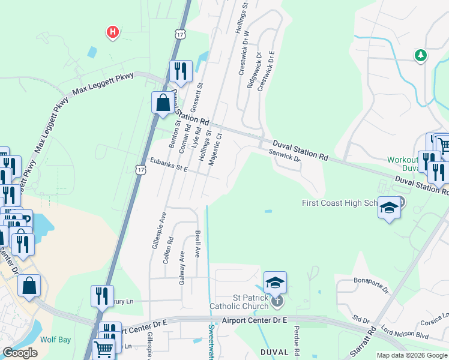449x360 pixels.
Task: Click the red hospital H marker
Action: (x=112, y=31)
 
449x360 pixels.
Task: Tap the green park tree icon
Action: (x=421, y=55)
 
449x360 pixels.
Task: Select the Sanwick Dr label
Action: (x=285, y=155)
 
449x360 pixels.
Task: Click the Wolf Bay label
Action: (x=56, y=340)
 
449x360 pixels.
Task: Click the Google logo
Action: (x=20, y=353)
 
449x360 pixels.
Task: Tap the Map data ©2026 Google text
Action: (x=412, y=355)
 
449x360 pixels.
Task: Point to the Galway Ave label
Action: (x=181, y=268)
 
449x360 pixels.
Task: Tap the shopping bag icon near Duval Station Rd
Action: (x=163, y=103)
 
